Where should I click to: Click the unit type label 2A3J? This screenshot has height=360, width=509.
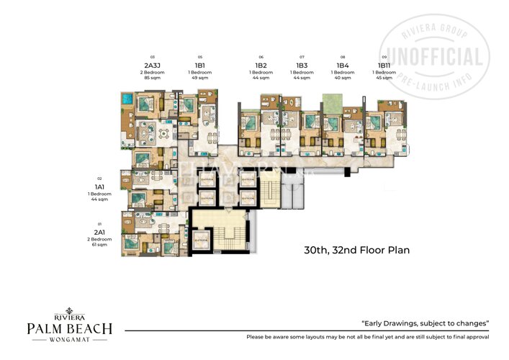click(152, 64)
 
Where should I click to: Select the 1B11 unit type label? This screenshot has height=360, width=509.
click(384, 65)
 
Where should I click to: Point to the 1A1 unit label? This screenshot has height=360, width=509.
click(99, 186)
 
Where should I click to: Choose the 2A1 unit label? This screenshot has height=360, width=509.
click(99, 232)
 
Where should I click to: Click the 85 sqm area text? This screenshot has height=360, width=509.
click(152, 78)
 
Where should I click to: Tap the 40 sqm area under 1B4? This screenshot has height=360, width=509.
click(343, 78)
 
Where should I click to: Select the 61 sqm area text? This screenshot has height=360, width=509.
click(99, 246)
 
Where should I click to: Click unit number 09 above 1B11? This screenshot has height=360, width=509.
click(384, 57)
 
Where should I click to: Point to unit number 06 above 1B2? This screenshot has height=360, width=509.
click(261, 57)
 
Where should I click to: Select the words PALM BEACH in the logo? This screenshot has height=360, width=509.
click(70, 329)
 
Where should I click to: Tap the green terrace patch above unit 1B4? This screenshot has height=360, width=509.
click(332, 99)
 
